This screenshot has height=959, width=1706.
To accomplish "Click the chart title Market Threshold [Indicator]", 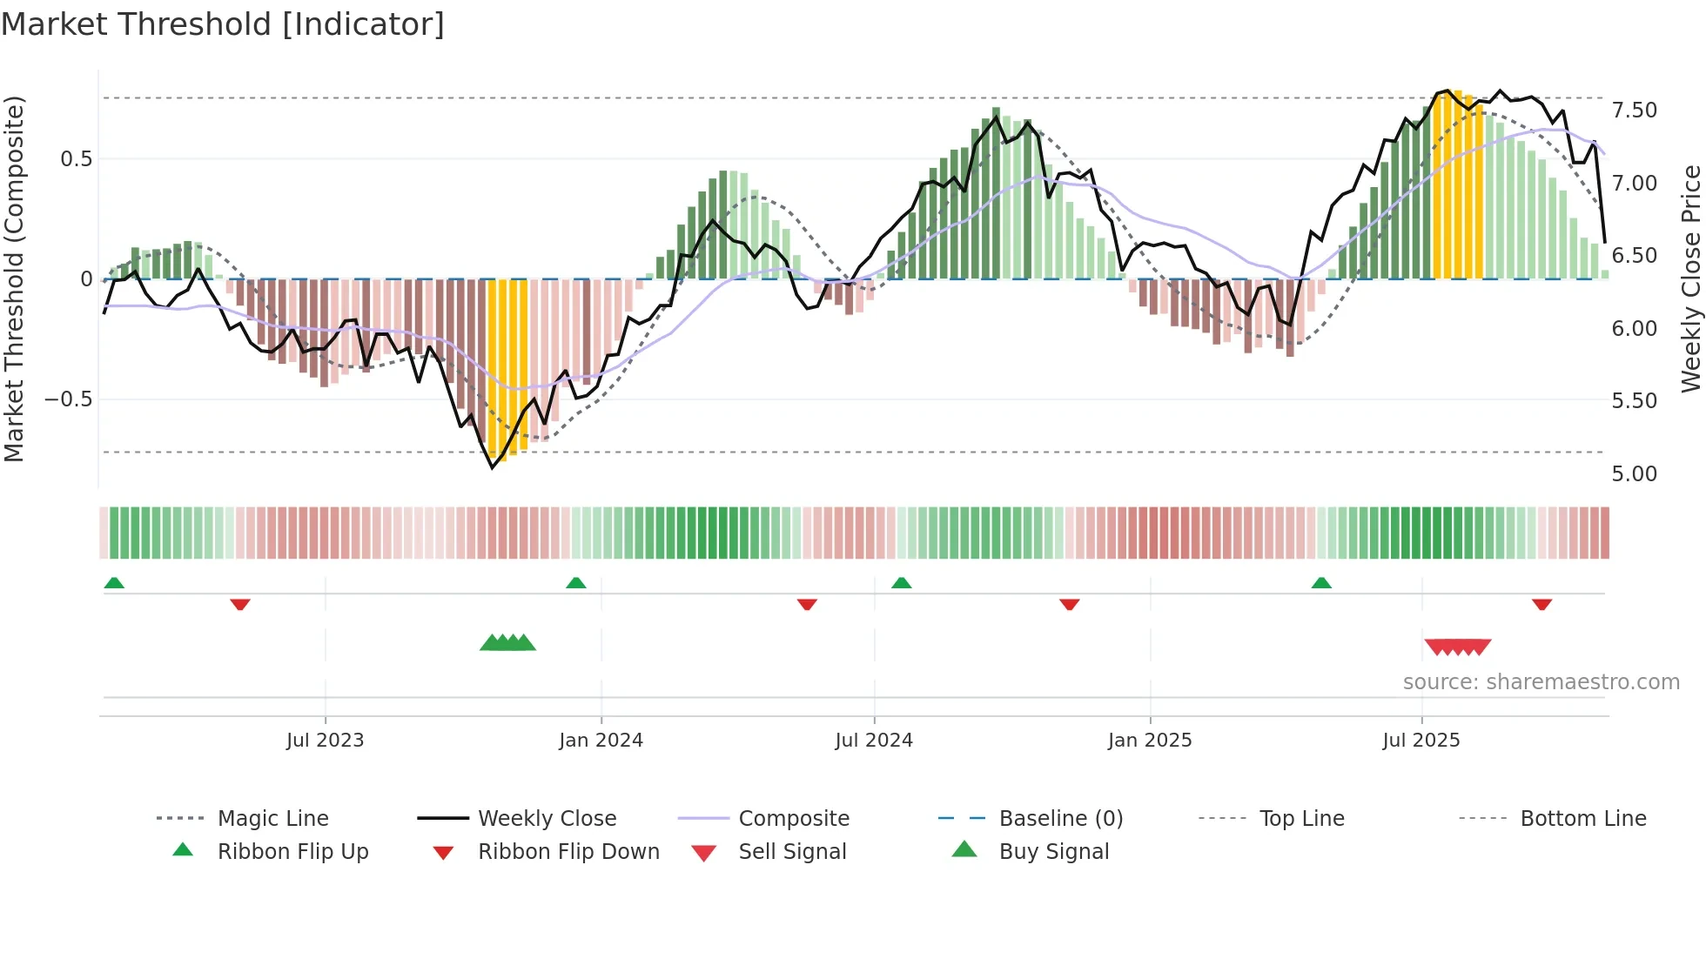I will coord(223,24).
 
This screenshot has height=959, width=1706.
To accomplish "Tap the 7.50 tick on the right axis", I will coord(1634,111).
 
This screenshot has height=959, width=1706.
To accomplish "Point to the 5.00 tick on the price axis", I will coord(1634,474).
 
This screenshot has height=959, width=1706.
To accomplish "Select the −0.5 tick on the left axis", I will coord(68,399).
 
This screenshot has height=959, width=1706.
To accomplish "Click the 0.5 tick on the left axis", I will coord(76,159).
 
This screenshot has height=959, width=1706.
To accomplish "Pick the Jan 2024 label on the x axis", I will coord(601,741).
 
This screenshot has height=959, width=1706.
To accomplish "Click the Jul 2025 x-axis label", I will coord(1421,741).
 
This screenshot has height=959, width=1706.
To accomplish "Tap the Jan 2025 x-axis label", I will coord(1149,741).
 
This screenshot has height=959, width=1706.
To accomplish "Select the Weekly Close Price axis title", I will coord(1690,278).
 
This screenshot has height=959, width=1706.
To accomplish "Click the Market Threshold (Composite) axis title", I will coord(14,278).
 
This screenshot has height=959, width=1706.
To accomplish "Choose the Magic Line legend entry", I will coord(272,819).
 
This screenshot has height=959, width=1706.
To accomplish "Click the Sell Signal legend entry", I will coord(791,852).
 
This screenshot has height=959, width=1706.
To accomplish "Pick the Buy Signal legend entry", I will coord(1053,852).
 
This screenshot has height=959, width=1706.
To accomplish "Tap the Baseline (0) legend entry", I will coord(1060,819).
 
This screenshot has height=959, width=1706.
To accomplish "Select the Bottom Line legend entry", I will coord(1582,819).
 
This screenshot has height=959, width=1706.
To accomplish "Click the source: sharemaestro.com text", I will coord(1541,682).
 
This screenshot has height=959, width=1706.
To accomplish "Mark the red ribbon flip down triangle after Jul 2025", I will coord(1541,604).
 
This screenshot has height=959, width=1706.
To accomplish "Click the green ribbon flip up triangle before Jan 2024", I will coord(575,583).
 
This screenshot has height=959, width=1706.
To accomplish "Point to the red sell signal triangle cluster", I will coord(1458,647).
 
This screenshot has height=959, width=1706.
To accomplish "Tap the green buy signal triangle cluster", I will coord(507,643).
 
